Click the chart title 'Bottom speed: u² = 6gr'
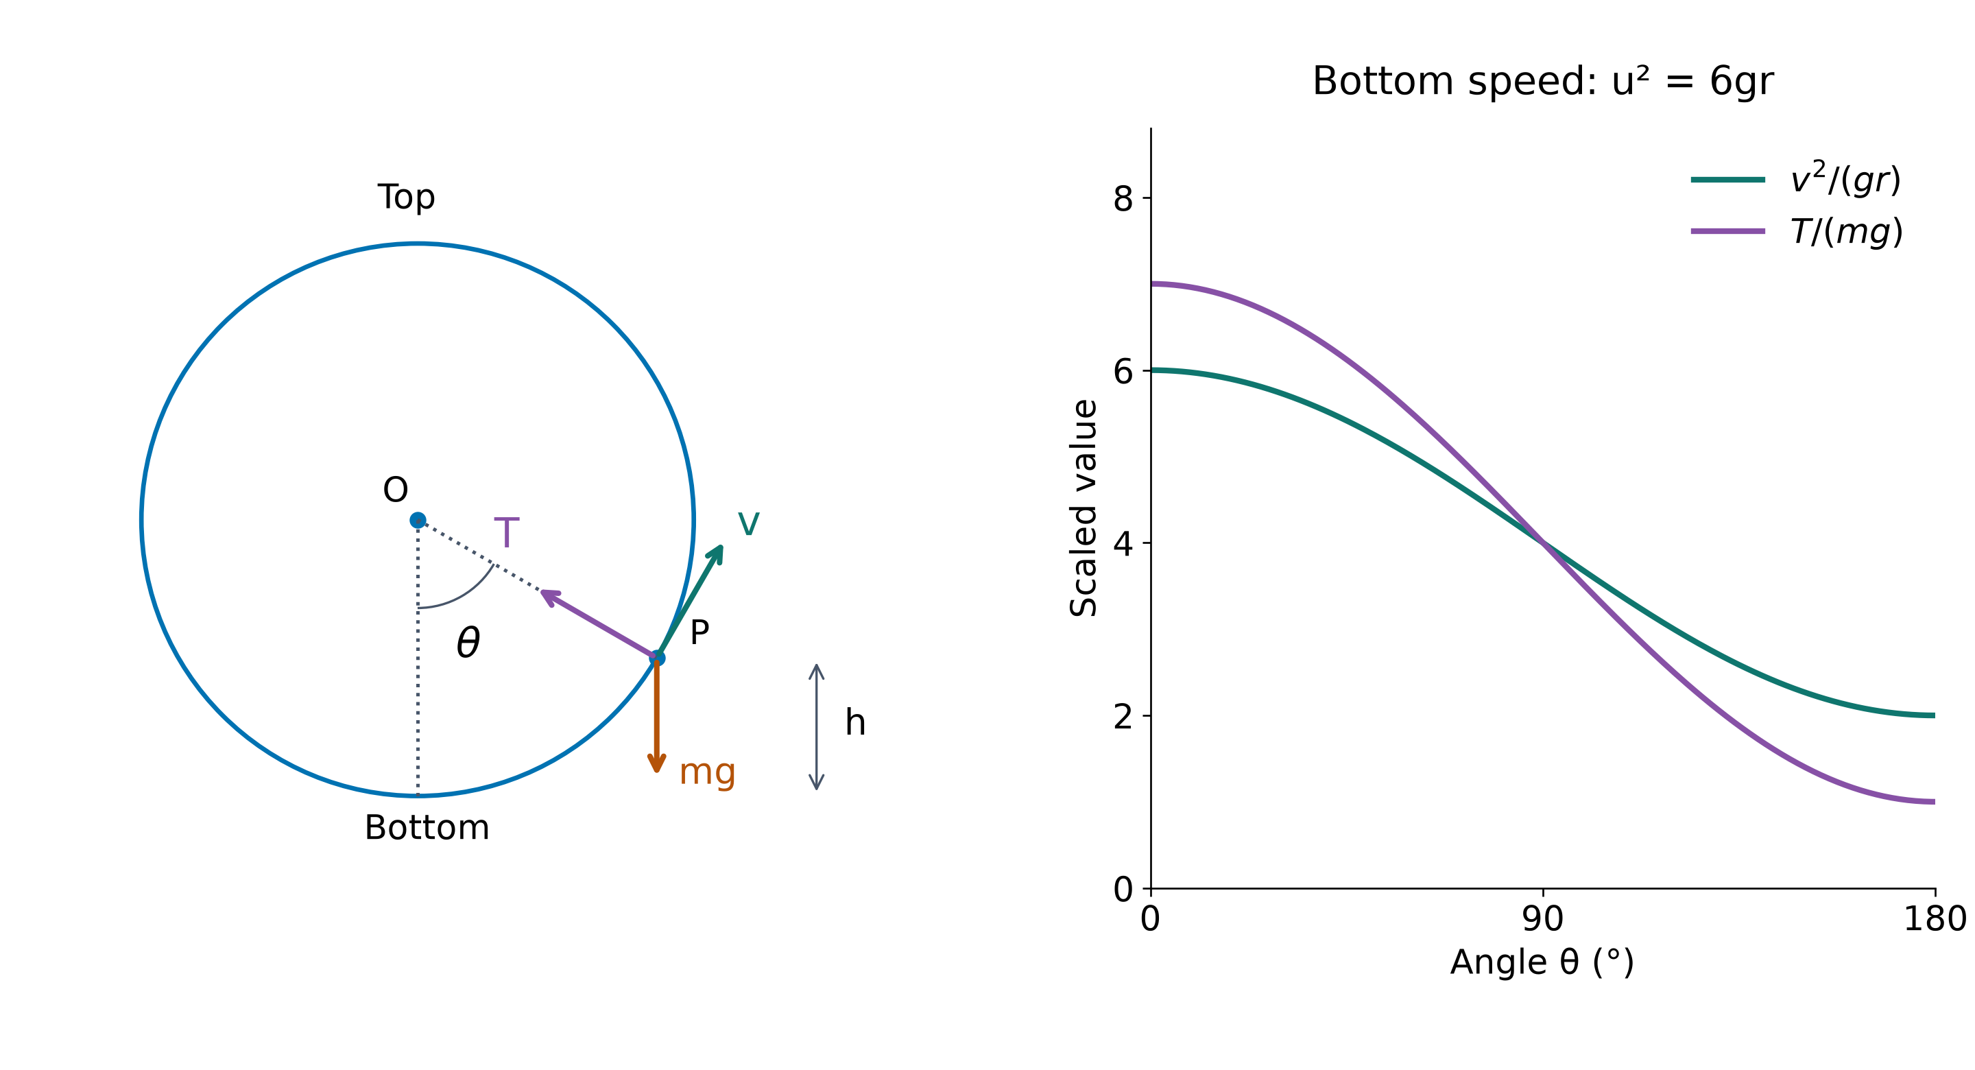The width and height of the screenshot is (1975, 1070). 1542,82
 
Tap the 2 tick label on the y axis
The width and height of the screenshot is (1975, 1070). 1123,716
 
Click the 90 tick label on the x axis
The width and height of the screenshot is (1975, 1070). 1542,919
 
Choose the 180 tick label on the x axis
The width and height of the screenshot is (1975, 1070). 1935,919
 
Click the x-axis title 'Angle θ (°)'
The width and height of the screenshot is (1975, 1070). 1542,962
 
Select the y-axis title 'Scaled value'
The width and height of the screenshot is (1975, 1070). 1084,508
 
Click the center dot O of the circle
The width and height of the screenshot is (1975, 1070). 418,521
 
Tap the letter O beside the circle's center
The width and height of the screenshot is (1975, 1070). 396,489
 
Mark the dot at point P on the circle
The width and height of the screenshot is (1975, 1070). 657,658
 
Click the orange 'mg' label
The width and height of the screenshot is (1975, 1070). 707,772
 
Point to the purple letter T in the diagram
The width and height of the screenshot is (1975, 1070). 507,532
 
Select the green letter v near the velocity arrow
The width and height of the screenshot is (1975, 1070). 748,524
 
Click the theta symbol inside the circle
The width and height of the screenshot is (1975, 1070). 468,642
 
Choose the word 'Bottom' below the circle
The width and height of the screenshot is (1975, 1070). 427,828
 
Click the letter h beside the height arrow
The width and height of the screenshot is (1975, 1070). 855,722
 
